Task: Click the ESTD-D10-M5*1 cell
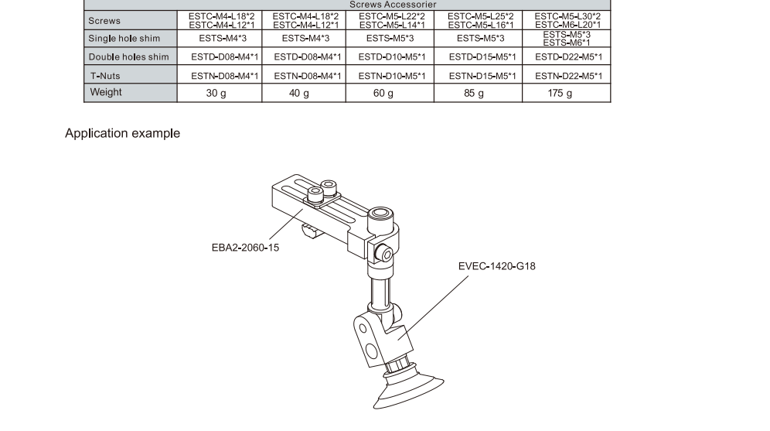point(392,57)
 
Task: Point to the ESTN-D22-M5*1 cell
point(569,76)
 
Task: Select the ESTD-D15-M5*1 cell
point(482,57)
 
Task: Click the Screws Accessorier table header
point(393,5)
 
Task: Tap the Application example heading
point(122,133)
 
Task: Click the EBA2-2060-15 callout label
point(245,248)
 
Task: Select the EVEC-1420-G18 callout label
point(497,266)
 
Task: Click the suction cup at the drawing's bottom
point(408,392)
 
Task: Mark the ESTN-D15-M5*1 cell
point(482,76)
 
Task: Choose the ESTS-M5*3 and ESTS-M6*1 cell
point(567,39)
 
